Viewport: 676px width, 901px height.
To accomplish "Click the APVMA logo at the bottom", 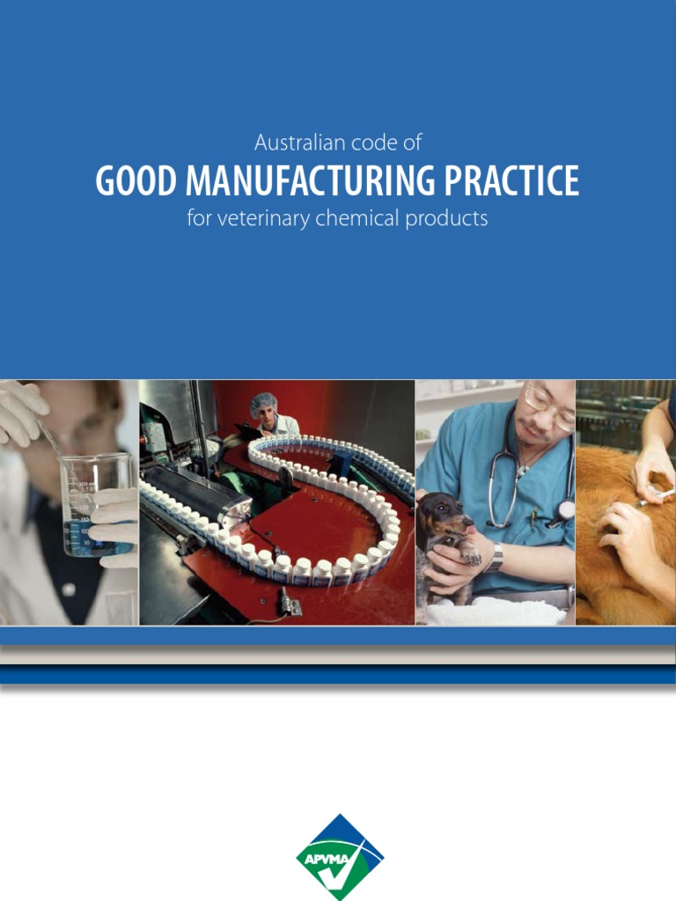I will point(339,856).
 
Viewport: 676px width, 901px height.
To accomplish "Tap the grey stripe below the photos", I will point(338,655).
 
